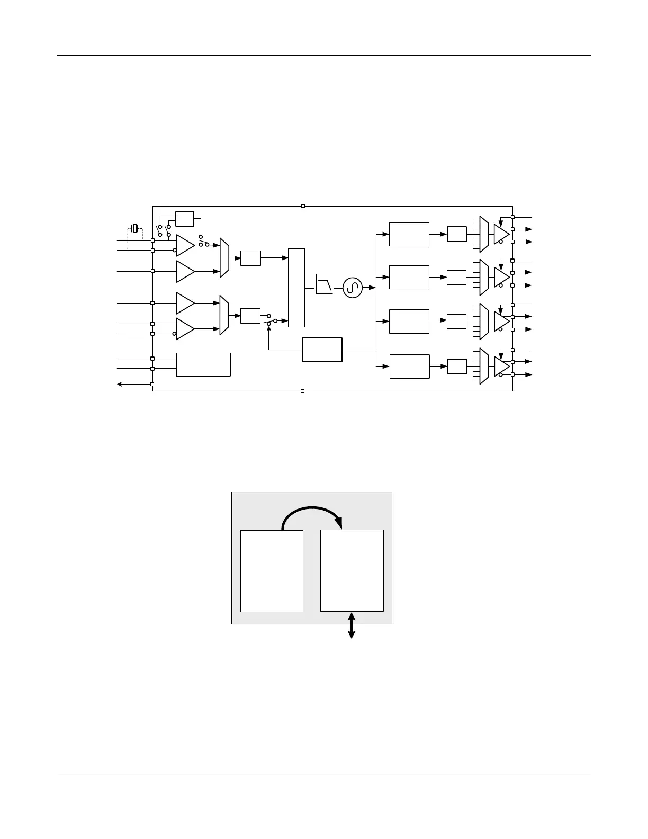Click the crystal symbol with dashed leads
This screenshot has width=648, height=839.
[x=135, y=229]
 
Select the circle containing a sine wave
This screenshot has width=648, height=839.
[x=352, y=288]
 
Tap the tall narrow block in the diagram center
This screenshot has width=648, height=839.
[x=296, y=288]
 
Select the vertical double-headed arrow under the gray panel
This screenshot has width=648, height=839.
[x=351, y=625]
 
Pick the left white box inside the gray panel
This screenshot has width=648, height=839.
[x=272, y=571]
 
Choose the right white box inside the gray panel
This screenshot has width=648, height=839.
[x=352, y=571]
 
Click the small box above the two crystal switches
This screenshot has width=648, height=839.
[x=185, y=219]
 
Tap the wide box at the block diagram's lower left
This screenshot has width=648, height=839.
[x=203, y=364]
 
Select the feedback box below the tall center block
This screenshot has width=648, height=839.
[x=322, y=350]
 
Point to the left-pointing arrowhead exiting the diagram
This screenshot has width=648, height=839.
[x=120, y=384]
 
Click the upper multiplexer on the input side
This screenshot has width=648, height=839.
[x=224, y=258]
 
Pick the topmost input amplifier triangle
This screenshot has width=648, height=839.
[x=185, y=245]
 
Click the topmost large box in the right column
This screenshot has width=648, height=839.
[x=409, y=234]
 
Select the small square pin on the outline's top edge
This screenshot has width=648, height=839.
[x=303, y=206]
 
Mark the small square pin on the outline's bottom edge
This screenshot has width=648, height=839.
[x=302, y=391]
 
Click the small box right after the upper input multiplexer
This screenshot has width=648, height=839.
[x=250, y=258]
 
